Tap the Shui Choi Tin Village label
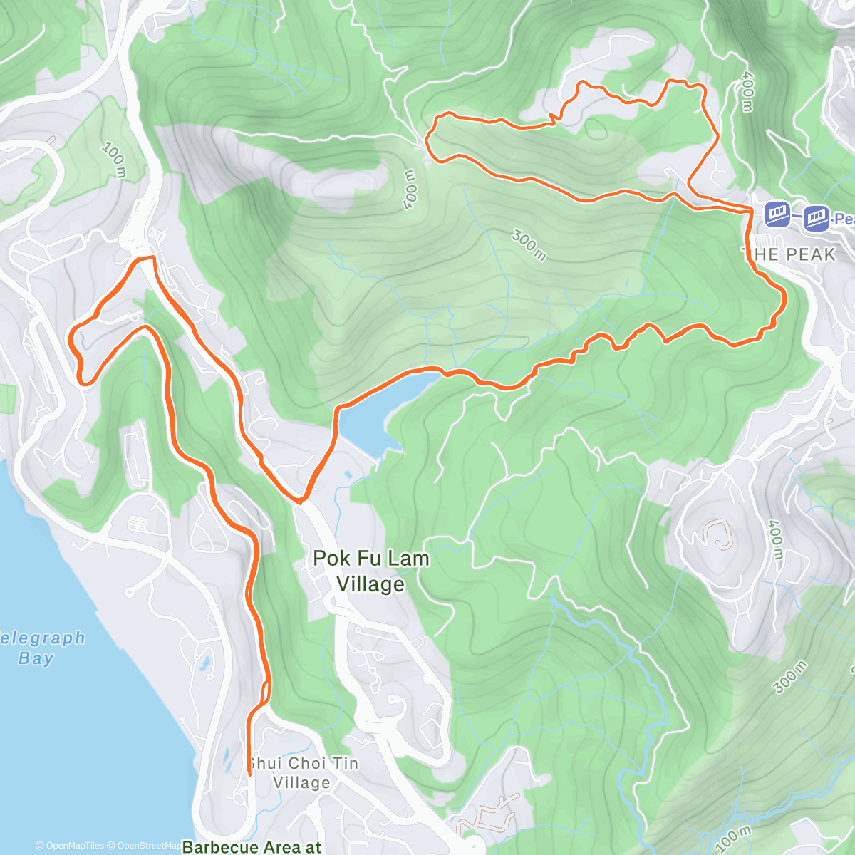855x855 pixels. [303, 773]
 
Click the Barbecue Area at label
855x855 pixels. [252, 846]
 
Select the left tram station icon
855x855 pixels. [777, 214]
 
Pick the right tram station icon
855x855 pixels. [817, 218]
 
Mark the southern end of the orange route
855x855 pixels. [249, 774]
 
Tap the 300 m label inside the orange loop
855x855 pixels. [529, 245]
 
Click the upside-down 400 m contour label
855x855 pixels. [409, 190]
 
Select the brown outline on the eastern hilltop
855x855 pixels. [720, 534]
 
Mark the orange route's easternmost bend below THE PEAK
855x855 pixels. [784, 299]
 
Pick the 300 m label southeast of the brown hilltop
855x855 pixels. [790, 677]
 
